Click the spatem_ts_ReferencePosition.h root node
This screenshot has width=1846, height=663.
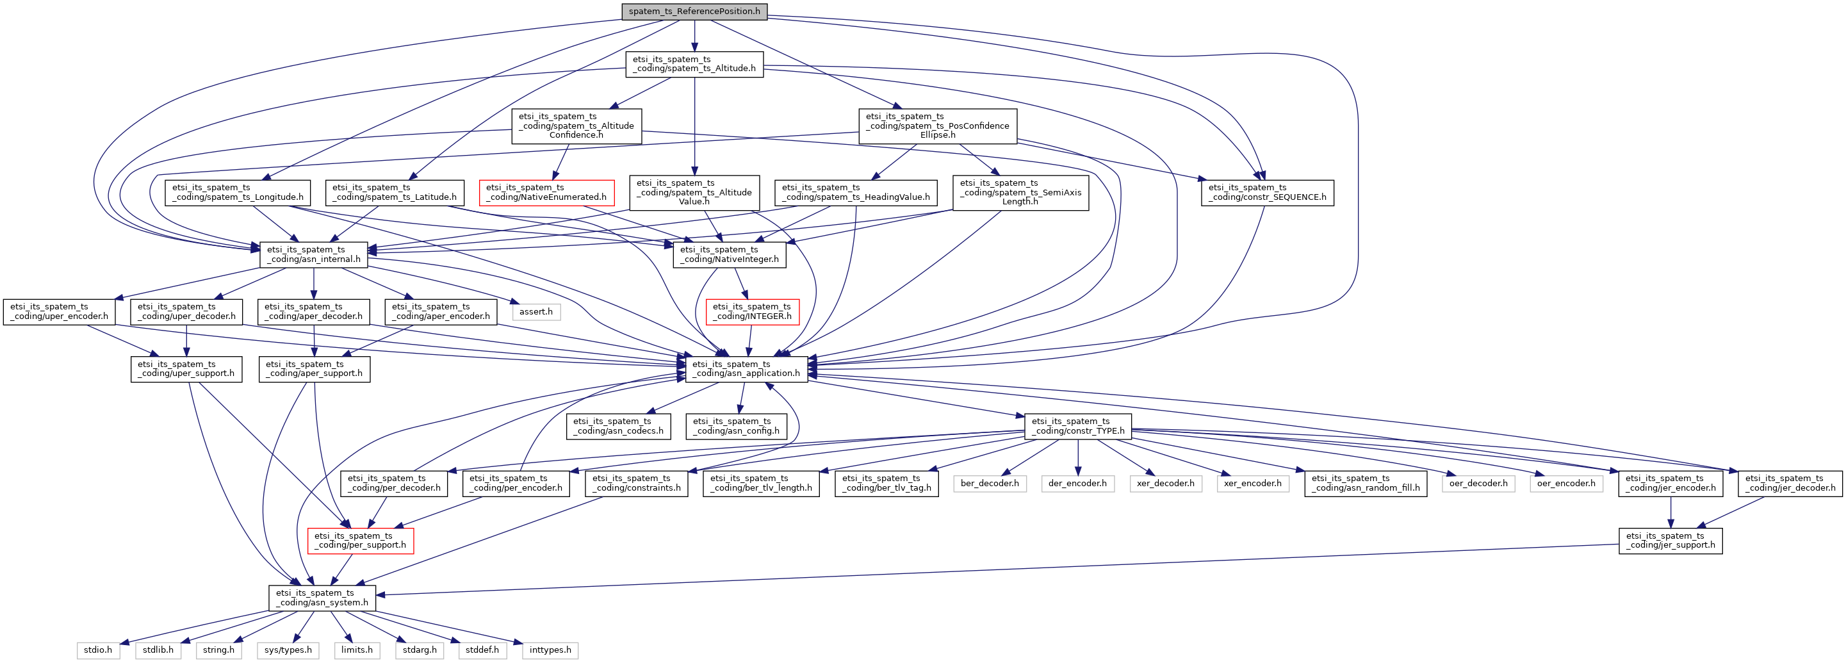click(694, 12)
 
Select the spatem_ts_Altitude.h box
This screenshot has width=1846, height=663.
click(694, 64)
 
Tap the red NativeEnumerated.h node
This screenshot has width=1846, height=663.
click(546, 192)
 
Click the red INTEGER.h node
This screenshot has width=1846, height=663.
click(753, 311)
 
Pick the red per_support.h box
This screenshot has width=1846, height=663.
click(361, 541)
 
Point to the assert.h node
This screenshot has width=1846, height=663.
click(536, 312)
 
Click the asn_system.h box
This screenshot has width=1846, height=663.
click(322, 598)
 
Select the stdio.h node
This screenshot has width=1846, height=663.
click(98, 650)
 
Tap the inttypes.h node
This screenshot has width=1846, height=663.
click(550, 650)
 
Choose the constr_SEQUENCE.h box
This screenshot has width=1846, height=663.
click(1268, 192)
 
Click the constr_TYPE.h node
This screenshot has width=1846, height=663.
click(1079, 426)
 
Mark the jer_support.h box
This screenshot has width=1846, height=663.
click(1671, 541)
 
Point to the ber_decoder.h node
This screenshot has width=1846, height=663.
click(990, 483)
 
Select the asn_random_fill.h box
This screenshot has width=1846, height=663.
click(1366, 483)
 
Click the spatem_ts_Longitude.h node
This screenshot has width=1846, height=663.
click(238, 192)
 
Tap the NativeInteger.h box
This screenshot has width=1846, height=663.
click(730, 254)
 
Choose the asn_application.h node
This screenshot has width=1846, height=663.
click(747, 368)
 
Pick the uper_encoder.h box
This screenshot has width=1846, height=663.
click(60, 311)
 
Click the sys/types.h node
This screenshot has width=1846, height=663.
click(288, 650)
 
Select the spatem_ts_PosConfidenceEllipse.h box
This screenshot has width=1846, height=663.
click(938, 126)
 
